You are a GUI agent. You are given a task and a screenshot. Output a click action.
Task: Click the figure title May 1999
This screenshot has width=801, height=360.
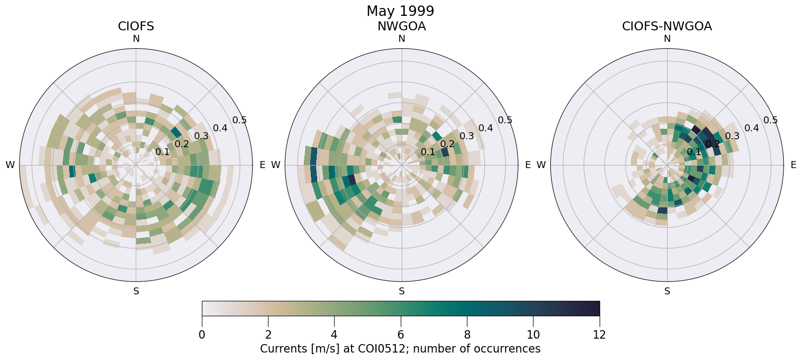(400, 11)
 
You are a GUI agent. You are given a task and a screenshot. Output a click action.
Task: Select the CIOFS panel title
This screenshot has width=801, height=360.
(136, 26)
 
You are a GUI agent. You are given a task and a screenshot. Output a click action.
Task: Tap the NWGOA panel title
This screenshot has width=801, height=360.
(401, 26)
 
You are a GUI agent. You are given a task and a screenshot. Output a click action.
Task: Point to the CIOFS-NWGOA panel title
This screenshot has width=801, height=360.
(667, 26)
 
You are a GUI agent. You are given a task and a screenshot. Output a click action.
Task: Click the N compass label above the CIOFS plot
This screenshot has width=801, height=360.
(136, 39)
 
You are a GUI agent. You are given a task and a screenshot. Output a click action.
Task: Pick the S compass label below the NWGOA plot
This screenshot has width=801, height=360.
(402, 291)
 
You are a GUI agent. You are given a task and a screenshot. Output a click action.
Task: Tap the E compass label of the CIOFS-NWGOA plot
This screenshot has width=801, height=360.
(793, 165)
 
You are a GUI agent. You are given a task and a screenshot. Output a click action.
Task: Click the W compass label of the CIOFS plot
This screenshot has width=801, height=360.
(10, 165)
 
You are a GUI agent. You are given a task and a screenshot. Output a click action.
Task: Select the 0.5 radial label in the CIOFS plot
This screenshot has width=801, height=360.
(240, 120)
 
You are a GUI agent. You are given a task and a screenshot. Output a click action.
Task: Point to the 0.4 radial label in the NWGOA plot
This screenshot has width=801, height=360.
(485, 128)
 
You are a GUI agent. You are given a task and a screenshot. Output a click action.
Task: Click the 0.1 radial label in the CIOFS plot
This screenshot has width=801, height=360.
(162, 152)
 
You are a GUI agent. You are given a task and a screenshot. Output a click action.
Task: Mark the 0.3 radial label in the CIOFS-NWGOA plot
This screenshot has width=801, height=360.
(732, 136)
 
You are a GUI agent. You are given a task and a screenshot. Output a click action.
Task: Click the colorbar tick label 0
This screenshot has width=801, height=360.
(202, 335)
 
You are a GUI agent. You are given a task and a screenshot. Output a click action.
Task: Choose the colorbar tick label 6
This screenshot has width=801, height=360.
(401, 335)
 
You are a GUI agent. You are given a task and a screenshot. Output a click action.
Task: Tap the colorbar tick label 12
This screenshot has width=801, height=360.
(599, 335)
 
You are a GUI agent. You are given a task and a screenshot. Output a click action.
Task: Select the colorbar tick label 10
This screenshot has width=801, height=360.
(533, 335)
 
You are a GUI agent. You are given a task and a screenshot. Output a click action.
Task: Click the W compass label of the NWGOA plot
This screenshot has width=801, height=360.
(276, 165)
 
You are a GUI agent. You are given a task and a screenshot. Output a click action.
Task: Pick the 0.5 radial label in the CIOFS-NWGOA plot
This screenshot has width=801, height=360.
(770, 120)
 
